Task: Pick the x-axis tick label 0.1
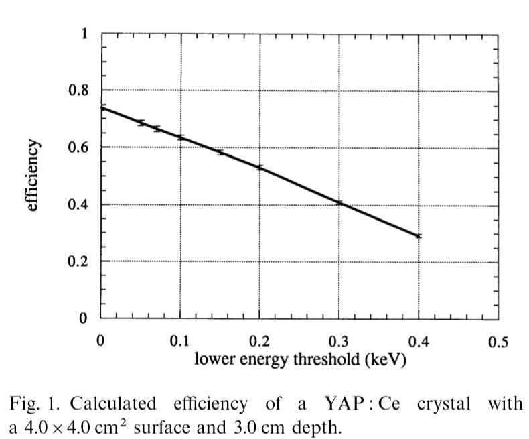(x=179, y=342)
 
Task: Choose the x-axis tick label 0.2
(x=259, y=342)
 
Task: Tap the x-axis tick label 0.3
(x=339, y=342)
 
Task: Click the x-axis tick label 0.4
(x=419, y=342)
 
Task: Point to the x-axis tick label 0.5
(x=498, y=342)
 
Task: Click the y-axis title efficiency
(x=33, y=176)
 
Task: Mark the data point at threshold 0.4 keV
(x=419, y=236)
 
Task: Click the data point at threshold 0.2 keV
(x=259, y=167)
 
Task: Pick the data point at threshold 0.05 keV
(x=141, y=123)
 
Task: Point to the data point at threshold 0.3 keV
(x=339, y=202)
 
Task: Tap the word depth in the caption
(x=321, y=426)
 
